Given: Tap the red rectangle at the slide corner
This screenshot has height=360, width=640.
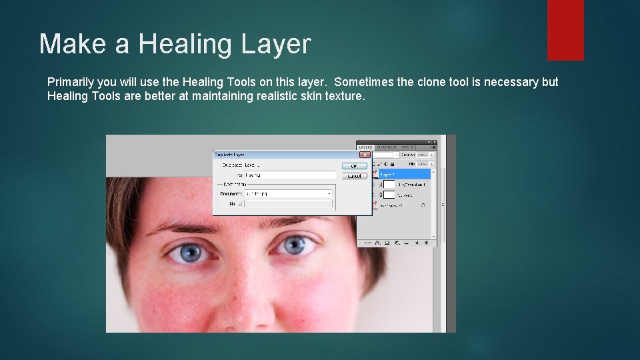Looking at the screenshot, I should pos(565,29).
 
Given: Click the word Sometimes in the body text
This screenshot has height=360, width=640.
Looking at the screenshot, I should pos(364,82).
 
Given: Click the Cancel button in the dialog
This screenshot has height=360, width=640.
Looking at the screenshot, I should pos(354,176).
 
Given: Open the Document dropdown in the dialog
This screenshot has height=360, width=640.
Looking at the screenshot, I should pos(329,193).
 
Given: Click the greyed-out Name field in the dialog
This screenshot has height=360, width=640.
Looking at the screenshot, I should pos(287,203).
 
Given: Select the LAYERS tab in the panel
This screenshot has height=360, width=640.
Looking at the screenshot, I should pos(365,147).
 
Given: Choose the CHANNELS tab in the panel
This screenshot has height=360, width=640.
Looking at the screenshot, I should pos(387,147).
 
